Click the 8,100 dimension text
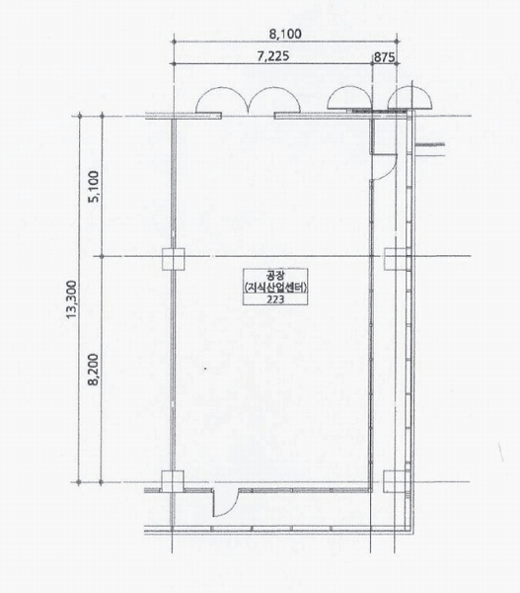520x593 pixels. (x=285, y=34)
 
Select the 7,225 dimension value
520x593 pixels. (x=273, y=56)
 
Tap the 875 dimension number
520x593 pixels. (x=384, y=58)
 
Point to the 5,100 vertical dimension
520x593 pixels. (x=94, y=187)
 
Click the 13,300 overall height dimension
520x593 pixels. (x=71, y=299)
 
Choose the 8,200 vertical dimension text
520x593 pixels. (x=94, y=369)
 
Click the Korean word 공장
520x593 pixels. (x=275, y=275)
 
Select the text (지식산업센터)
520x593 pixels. (x=275, y=288)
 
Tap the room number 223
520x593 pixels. (x=275, y=299)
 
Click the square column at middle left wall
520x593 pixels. (x=174, y=259)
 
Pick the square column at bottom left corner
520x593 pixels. (x=173, y=481)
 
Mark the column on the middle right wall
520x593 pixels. (x=396, y=259)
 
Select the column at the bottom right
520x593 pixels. (x=395, y=481)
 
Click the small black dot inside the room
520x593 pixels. (x=205, y=368)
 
